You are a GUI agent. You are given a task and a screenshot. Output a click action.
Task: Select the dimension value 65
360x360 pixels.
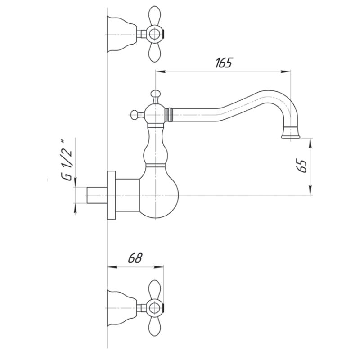tap(302, 167)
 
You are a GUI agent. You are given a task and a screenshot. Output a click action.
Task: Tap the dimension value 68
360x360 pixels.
tap(135, 258)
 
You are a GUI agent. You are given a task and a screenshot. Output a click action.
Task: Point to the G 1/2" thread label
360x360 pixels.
tap(67, 160)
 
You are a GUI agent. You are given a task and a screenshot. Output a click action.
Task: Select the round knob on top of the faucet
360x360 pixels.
tap(155, 94)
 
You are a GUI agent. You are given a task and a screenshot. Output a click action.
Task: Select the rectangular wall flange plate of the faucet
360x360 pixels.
tap(112, 195)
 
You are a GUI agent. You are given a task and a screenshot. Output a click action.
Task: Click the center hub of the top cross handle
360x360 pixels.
tap(154, 33)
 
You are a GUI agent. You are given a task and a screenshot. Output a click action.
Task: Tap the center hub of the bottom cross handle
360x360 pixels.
tap(154, 308)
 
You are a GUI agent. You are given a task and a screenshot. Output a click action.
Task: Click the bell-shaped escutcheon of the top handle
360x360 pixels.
tap(121, 32)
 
